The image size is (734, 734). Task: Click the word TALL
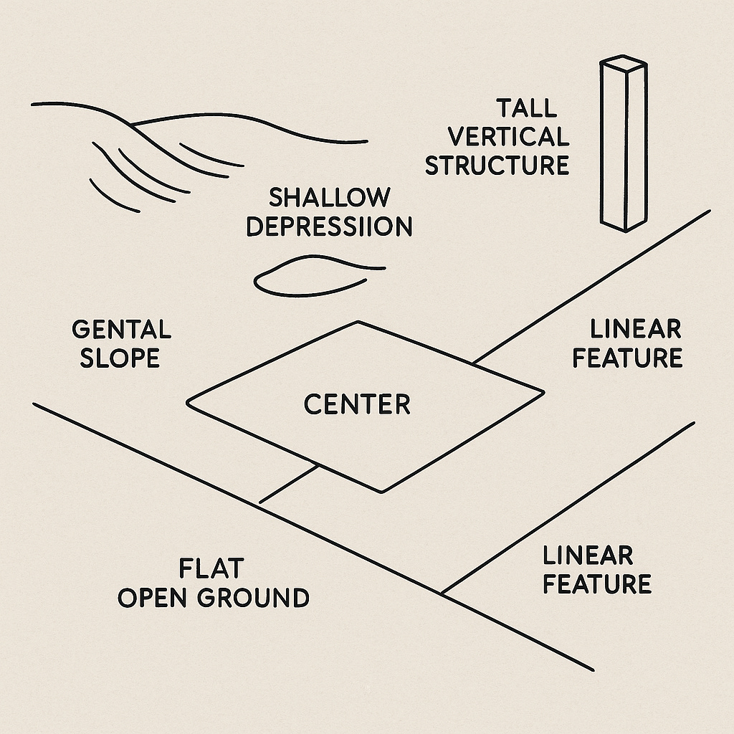[526, 109]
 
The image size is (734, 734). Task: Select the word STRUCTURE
[497, 164]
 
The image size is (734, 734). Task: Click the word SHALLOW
[330, 197]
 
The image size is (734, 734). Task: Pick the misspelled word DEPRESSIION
[330, 226]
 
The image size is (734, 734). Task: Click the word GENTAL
[121, 330]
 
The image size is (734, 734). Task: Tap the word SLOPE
[120, 358]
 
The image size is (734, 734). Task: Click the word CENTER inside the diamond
[357, 405]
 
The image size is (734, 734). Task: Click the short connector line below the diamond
[289, 484]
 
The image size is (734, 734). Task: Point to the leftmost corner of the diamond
[188, 402]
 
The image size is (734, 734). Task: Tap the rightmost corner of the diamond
[543, 392]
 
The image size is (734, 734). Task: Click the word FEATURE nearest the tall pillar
[627, 358]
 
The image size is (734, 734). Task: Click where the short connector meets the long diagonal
[259, 501]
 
